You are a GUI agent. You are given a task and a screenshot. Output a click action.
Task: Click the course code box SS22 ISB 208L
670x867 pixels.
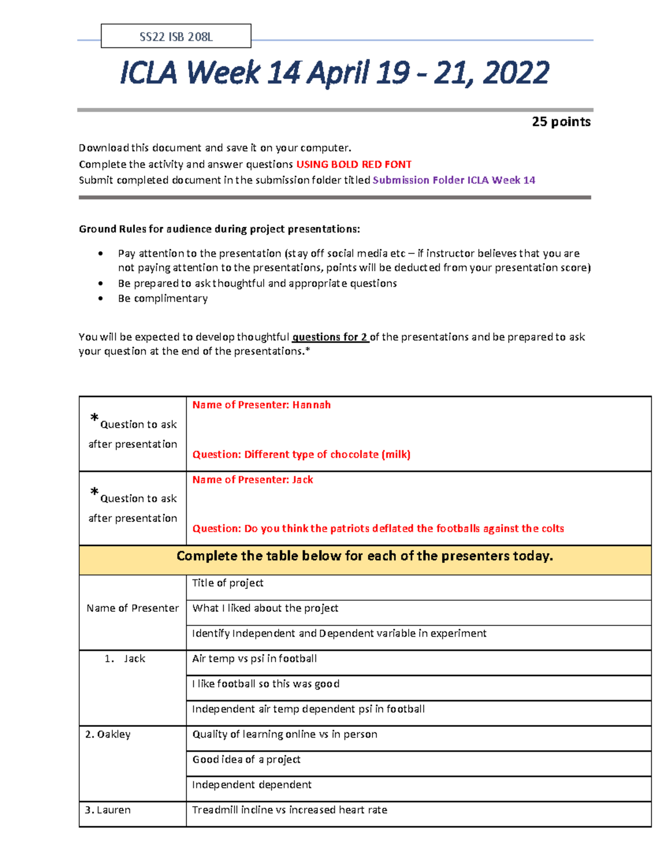pos(176,37)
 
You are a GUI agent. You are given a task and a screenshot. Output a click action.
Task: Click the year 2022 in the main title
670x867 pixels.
pos(516,73)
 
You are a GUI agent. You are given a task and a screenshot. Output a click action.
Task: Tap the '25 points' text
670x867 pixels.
pos(561,122)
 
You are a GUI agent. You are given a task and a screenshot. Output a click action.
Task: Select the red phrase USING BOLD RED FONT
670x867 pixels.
pos(353,164)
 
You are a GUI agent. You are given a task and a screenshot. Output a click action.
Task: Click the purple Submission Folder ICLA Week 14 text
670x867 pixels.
pos(453,180)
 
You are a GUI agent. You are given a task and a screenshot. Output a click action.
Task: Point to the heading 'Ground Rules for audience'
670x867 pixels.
pos(219,229)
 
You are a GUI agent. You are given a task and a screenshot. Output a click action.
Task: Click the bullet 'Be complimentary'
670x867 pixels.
pos(162,298)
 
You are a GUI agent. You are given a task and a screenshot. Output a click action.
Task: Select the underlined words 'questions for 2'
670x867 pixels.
pos(330,337)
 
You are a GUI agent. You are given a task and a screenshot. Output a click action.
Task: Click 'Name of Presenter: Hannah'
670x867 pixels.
pos(261,405)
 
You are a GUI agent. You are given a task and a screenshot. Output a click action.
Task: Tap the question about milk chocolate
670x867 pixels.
pos(301,454)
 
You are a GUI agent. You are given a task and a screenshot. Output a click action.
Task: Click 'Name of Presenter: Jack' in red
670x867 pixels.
pos(252,480)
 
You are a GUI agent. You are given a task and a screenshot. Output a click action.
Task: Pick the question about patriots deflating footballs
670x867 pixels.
pos(378,528)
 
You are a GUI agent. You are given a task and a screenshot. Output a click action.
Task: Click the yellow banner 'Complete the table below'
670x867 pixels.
pos(365,556)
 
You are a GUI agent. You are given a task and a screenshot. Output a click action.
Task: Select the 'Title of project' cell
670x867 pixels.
pos(228,583)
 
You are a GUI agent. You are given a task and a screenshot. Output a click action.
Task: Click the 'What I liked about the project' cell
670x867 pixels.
pos(265,608)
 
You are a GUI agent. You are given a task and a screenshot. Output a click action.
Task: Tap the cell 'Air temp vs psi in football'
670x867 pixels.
pos(254,659)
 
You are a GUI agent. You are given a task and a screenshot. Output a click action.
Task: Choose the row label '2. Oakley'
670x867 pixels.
pos(108,734)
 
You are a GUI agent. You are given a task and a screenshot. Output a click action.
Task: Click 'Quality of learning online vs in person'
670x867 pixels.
pos(285,734)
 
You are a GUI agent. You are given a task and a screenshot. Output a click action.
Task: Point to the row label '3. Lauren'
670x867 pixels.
pos(108,809)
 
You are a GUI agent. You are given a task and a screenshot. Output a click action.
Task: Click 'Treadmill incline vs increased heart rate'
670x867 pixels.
pos(289,809)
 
